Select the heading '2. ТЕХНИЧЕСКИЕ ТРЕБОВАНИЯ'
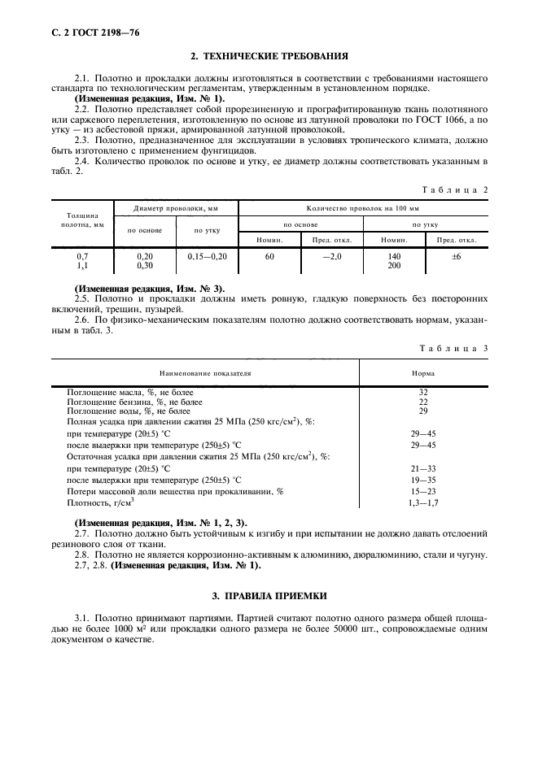269,57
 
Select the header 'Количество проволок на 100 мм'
363,208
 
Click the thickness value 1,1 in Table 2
81,265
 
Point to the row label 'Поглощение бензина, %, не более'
134,402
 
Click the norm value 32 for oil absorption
423,392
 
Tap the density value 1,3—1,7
423,503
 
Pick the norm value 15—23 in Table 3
423,492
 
